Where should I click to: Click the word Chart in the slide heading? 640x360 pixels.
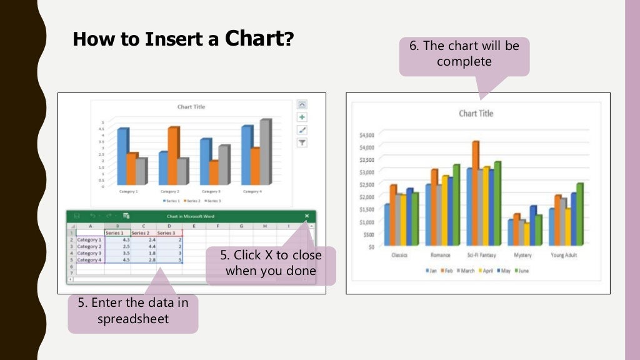click(254, 39)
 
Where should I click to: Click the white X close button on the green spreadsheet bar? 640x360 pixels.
click(307, 216)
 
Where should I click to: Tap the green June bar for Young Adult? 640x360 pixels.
click(579, 212)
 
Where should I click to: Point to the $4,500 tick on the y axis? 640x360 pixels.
click(366, 135)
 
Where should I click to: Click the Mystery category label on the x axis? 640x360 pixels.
click(522, 256)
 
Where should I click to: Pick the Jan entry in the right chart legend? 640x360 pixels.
click(431, 271)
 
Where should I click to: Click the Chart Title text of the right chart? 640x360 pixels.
click(476, 113)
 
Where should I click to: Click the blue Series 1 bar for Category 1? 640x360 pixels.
click(122, 156)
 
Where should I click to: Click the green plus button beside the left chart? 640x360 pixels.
click(302, 117)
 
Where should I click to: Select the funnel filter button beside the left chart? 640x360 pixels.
click(302, 142)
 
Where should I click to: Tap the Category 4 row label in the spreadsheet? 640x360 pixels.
click(89, 260)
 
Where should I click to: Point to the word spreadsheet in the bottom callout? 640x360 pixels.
click(132, 318)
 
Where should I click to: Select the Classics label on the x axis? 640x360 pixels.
click(400, 256)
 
